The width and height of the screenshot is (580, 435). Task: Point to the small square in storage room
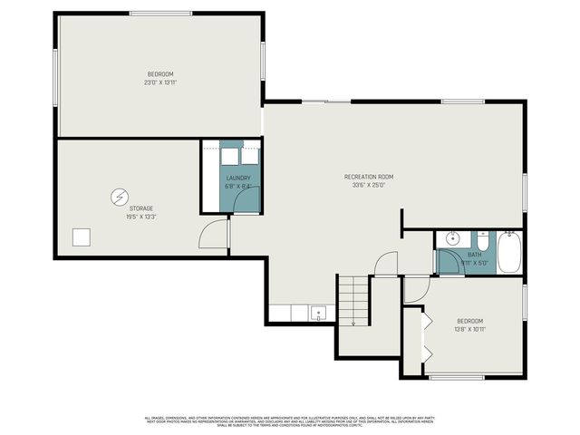pyautogui.click(x=82, y=237)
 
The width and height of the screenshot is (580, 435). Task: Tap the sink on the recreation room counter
pyautogui.click(x=319, y=314)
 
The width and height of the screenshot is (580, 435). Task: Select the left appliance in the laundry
pyautogui.click(x=227, y=154)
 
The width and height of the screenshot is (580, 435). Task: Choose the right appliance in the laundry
pyautogui.click(x=248, y=154)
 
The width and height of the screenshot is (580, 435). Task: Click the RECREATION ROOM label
pyautogui.click(x=369, y=177)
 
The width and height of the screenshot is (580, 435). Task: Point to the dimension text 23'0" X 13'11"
pyautogui.click(x=160, y=82)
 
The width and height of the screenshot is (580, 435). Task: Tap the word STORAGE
pyautogui.click(x=129, y=208)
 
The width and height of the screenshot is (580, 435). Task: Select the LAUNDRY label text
pyautogui.click(x=238, y=179)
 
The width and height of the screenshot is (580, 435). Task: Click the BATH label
pyautogui.click(x=475, y=256)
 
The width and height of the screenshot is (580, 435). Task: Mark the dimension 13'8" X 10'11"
pyautogui.click(x=469, y=329)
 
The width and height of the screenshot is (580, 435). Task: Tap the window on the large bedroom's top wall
pyautogui.click(x=160, y=13)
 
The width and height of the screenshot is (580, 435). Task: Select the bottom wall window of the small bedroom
pyautogui.click(x=457, y=377)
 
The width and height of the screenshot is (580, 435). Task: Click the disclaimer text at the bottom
pyautogui.click(x=290, y=420)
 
